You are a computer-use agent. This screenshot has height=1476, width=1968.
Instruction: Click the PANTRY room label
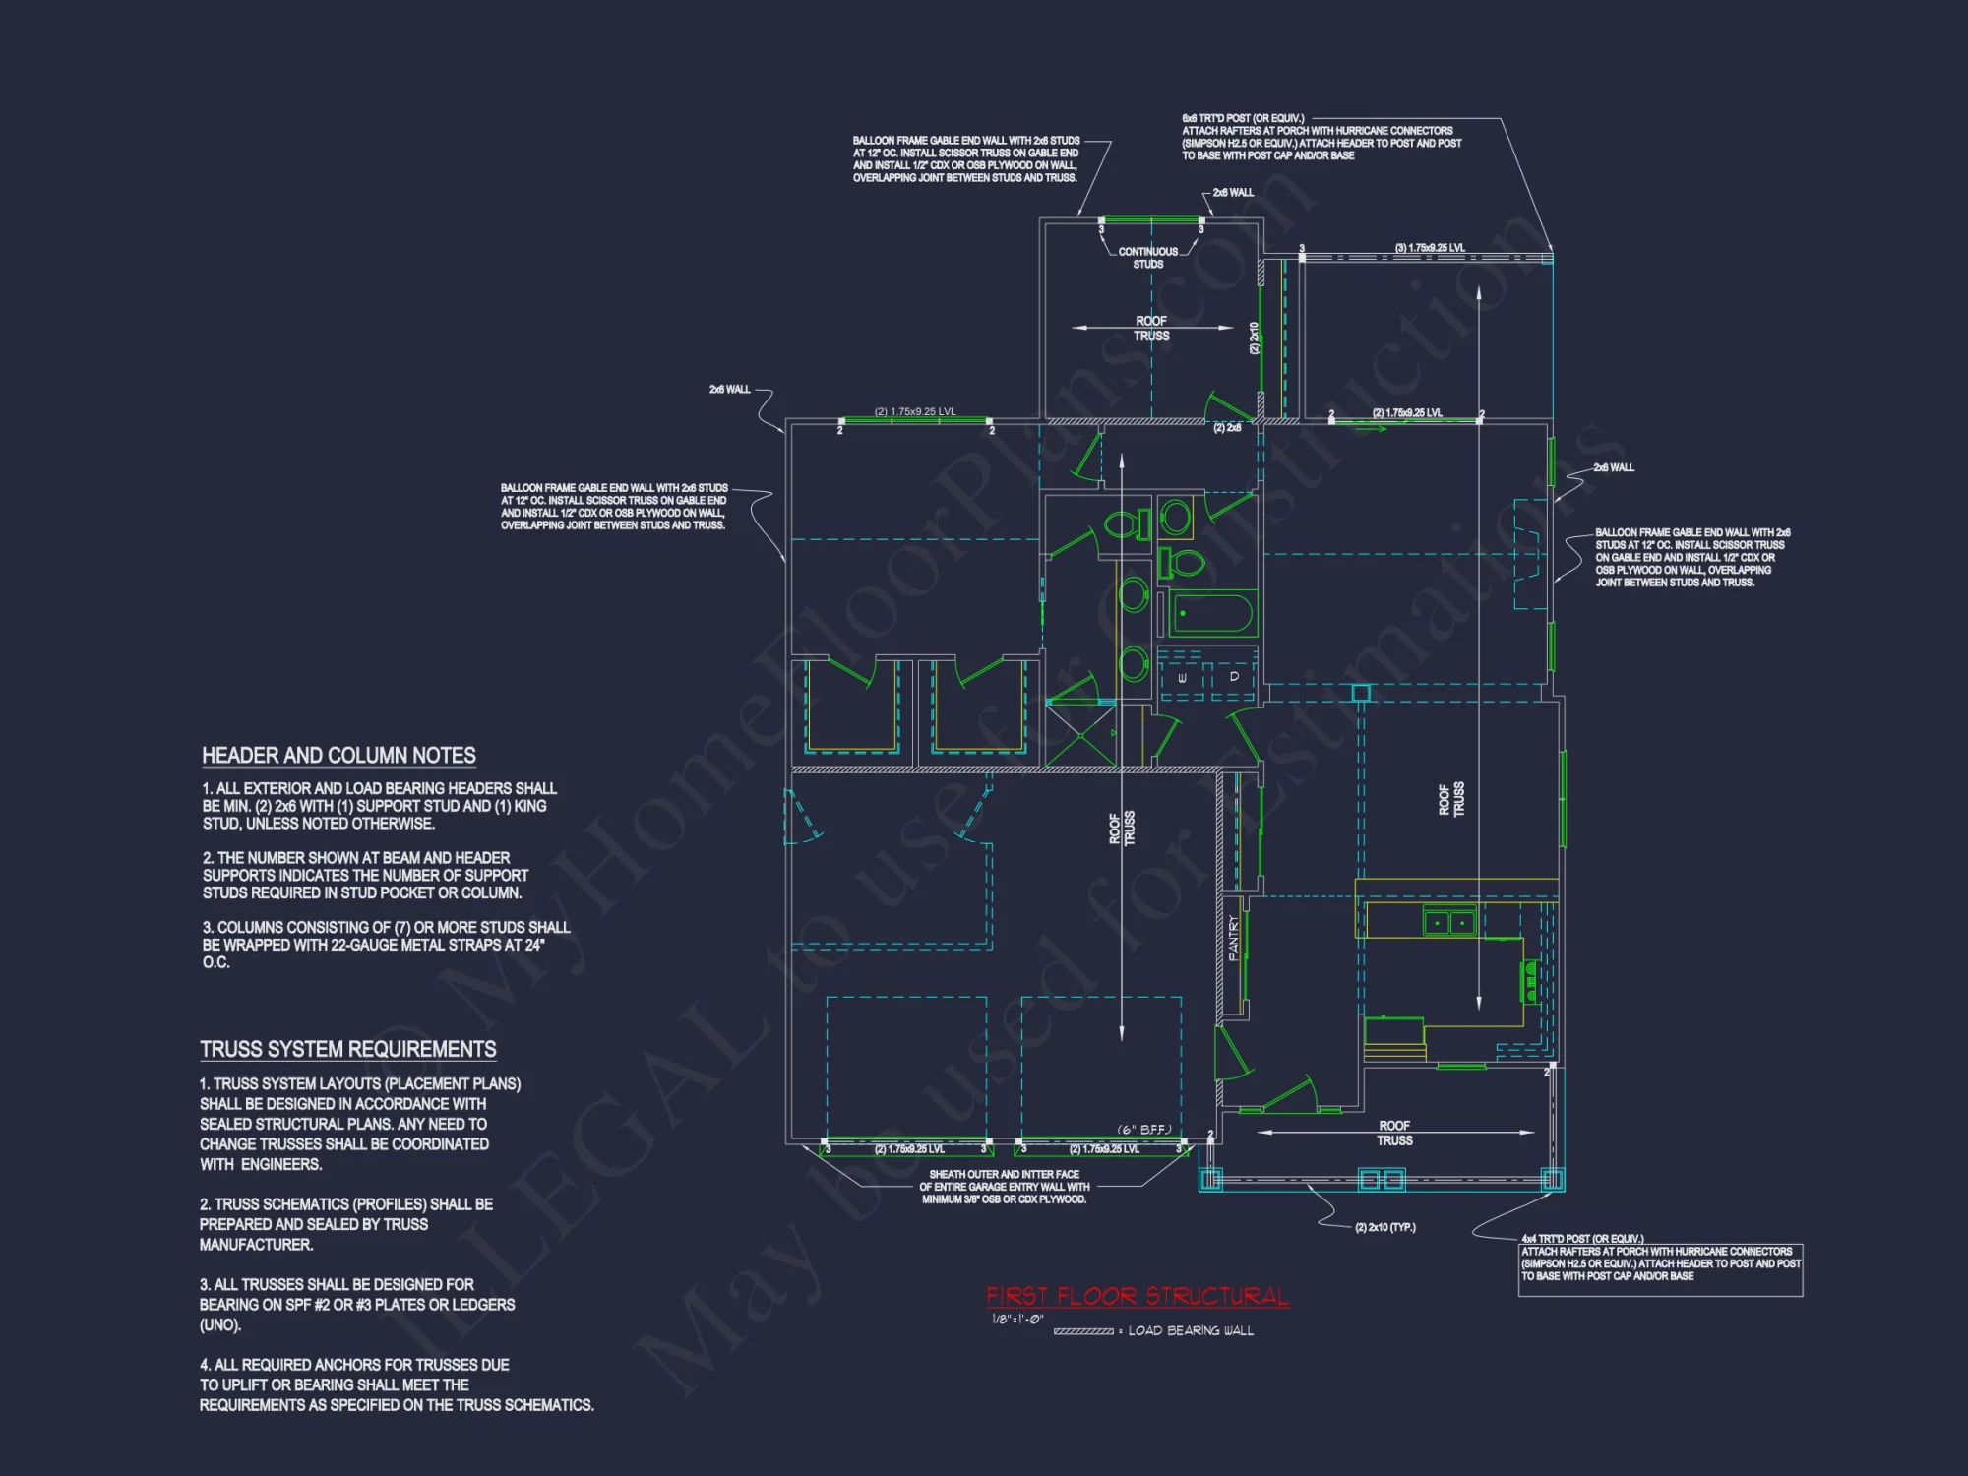click(x=1234, y=937)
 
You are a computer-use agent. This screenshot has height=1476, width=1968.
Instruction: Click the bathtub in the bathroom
click(x=1212, y=615)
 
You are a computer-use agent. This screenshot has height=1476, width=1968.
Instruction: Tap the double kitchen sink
click(x=1449, y=922)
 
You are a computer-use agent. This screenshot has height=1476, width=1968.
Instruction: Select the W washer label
click(x=1182, y=678)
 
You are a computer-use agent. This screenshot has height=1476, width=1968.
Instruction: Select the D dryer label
click(x=1234, y=677)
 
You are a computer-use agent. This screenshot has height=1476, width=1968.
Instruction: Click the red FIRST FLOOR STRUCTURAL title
click(x=1138, y=1296)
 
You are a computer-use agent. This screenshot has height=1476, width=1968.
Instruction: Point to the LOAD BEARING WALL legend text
click(x=1190, y=1330)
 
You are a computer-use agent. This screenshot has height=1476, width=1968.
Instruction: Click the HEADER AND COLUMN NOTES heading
click(x=338, y=755)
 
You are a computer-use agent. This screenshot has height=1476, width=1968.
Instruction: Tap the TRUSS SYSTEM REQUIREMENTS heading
click(x=347, y=1049)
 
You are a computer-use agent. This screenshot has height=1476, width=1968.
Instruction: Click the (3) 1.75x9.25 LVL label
click(x=1429, y=248)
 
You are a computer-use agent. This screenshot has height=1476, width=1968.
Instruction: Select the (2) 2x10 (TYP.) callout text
click(x=1384, y=1227)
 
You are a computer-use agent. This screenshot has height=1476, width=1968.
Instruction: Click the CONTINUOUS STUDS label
click(x=1148, y=258)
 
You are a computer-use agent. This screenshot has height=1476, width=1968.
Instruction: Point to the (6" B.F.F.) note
click(x=1143, y=1130)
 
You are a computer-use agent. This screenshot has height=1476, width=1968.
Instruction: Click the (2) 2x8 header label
click(x=1226, y=428)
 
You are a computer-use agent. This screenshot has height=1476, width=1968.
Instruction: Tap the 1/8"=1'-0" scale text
click(x=1016, y=1319)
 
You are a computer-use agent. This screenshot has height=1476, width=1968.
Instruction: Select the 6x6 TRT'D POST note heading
click(x=1243, y=118)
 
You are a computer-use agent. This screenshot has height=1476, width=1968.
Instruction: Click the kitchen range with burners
click(x=1531, y=982)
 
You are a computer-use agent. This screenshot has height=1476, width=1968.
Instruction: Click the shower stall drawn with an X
click(x=1079, y=735)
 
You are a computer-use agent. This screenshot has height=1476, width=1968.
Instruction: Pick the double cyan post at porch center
click(x=1381, y=1179)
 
